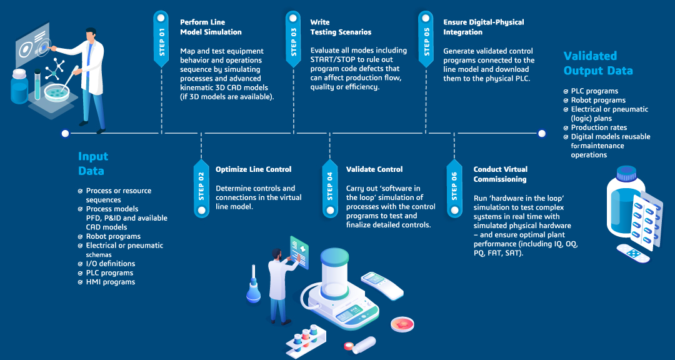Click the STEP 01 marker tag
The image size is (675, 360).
coord(161,38)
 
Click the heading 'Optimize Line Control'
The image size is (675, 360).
coord(253,169)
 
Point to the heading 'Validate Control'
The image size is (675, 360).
coord(374,169)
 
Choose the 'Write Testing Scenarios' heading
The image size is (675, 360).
coord(341,27)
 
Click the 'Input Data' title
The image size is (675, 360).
coord(93,163)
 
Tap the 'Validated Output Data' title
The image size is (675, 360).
coord(598,63)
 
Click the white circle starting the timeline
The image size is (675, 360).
coord(65,133)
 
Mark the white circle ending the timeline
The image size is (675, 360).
coord(541,132)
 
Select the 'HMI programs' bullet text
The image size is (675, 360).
coord(110,282)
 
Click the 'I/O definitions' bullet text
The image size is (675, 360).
coord(110,264)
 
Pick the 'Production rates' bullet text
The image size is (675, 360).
coord(598,127)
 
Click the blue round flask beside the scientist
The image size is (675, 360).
coord(253,291)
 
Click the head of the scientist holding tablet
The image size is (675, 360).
coord(276,254)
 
